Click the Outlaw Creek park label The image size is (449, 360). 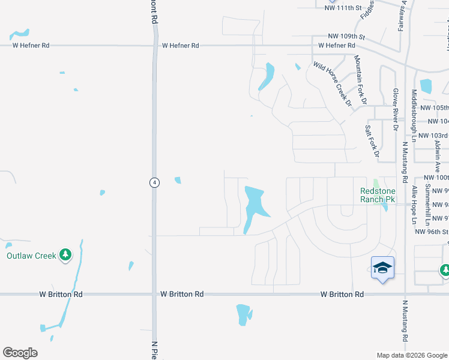(31, 256)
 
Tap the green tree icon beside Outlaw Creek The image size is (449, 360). (65, 256)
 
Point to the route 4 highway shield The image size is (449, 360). (154, 182)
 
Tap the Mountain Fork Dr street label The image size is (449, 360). (360, 80)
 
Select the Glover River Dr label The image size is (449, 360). (396, 109)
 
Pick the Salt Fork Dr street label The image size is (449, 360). (372, 142)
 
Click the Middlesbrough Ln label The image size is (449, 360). (414, 119)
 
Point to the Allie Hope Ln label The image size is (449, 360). (414, 205)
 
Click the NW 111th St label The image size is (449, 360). (343, 8)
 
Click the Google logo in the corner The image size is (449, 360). (20, 353)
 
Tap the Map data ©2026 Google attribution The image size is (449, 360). (412, 355)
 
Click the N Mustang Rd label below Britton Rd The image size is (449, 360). (405, 325)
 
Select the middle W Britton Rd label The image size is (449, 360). (182, 294)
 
